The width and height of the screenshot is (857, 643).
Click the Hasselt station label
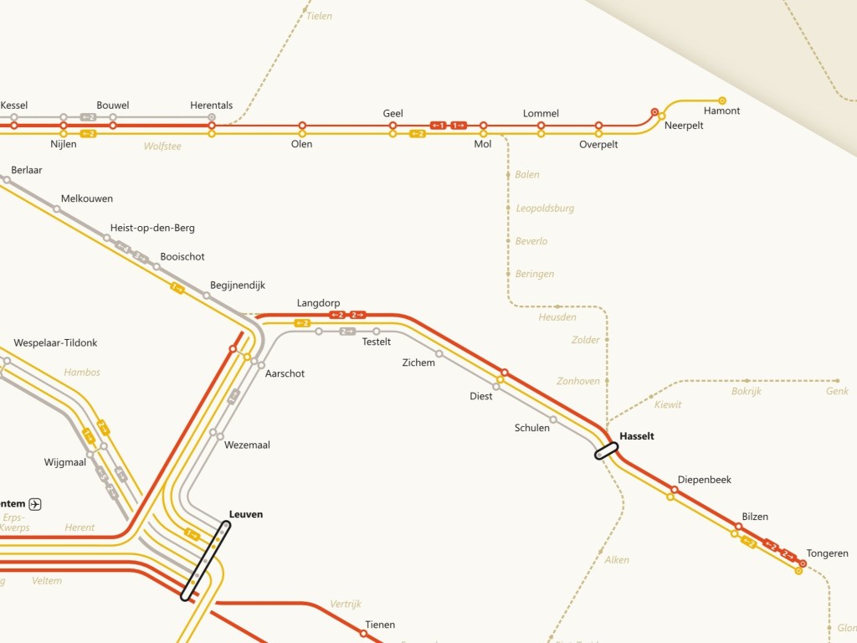pos(637,436)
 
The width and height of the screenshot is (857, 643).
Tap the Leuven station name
pos(246,514)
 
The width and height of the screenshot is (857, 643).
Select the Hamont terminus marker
pos(722,100)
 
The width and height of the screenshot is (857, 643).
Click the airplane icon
pos(35,503)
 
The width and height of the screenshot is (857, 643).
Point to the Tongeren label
pos(827,553)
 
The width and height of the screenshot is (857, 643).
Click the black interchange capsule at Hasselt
pos(606,450)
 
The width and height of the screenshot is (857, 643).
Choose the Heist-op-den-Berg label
pos(152,228)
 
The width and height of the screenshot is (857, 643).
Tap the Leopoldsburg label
pos(545,208)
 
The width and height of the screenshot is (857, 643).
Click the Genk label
pos(837,391)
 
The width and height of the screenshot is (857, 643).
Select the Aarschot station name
pos(285,373)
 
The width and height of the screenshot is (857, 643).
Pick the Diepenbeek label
pos(704,480)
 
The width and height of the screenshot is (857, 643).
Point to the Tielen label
pos(319,16)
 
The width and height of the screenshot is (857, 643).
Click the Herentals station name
pos(212,105)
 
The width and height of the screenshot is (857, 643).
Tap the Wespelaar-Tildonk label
pos(56,343)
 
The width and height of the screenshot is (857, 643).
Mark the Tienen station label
pos(380,625)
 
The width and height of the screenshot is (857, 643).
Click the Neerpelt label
pos(684,126)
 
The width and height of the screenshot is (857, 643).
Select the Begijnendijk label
pos(237,285)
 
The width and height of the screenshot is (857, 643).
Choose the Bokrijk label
pos(747,391)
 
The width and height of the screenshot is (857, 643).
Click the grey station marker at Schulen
pos(553,419)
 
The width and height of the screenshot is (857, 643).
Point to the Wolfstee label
pos(162,147)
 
